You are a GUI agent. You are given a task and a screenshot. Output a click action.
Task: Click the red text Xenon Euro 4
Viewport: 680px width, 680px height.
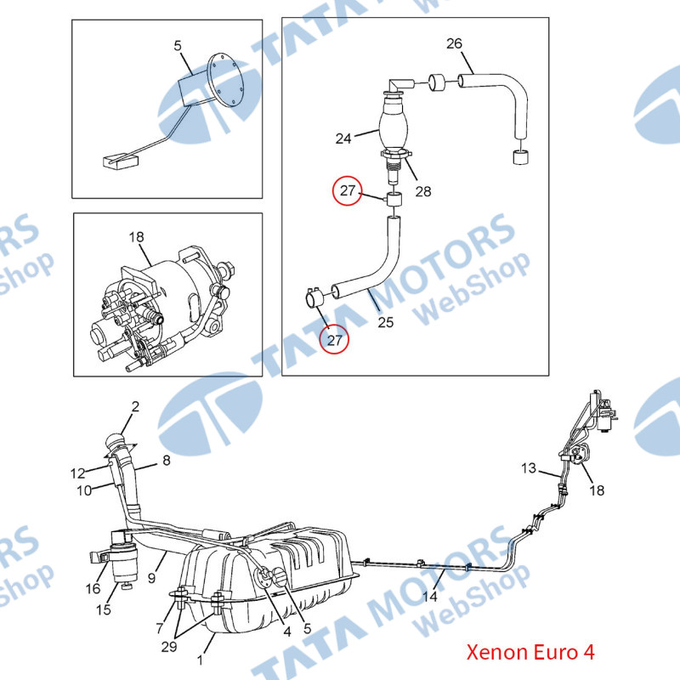tap(530, 652)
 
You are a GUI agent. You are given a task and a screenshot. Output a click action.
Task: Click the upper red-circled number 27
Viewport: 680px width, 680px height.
tap(348, 190)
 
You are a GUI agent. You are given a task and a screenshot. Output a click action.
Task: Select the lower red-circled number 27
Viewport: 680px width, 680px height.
tap(334, 340)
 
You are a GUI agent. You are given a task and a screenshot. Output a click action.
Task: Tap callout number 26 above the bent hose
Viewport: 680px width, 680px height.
tap(454, 43)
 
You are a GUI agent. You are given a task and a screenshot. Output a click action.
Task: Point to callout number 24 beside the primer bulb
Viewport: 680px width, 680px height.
tap(343, 139)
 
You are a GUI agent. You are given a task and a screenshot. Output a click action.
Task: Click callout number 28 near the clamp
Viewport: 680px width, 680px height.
tap(423, 191)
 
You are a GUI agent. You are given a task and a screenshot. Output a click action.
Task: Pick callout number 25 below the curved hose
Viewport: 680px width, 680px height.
tap(386, 322)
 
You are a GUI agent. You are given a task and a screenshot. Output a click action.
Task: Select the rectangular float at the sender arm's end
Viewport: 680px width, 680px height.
tap(121, 161)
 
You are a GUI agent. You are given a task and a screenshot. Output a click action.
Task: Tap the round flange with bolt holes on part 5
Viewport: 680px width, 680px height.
tap(224, 80)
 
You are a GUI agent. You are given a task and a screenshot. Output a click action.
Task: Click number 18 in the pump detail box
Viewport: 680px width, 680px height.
tap(136, 237)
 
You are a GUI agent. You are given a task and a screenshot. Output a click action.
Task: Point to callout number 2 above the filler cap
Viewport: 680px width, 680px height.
tap(135, 406)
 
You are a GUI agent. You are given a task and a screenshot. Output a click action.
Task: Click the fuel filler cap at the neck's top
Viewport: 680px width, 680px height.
tap(116, 441)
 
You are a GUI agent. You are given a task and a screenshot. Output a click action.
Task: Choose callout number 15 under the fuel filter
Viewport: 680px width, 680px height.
tap(103, 609)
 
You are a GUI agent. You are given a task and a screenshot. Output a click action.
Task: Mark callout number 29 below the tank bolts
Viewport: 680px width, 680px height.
tap(169, 647)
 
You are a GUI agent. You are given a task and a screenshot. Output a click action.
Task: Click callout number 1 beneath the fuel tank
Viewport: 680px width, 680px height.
tap(200, 660)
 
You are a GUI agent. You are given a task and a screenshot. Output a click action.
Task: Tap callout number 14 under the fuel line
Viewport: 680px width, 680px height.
tap(430, 597)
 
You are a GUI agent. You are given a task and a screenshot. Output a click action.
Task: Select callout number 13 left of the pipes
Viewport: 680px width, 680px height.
tap(529, 468)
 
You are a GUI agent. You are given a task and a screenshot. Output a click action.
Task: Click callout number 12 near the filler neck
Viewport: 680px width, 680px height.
tap(77, 473)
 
